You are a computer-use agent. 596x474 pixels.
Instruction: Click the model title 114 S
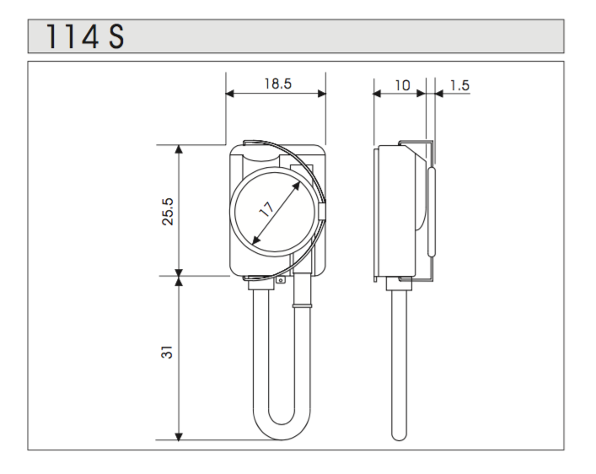85,36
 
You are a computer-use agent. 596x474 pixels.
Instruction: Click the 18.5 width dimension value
278,83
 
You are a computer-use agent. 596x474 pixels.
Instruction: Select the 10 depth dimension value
402,85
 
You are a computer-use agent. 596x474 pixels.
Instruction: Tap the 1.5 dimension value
459,85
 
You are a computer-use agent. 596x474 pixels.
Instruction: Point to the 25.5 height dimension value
167,212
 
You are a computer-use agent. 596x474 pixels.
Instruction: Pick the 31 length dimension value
167,352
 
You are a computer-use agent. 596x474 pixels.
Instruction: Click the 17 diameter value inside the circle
266,209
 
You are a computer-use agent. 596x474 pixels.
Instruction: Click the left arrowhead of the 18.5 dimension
230,94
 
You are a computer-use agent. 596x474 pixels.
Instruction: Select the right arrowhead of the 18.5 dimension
321,94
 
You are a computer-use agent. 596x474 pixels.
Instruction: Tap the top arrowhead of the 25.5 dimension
178,149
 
